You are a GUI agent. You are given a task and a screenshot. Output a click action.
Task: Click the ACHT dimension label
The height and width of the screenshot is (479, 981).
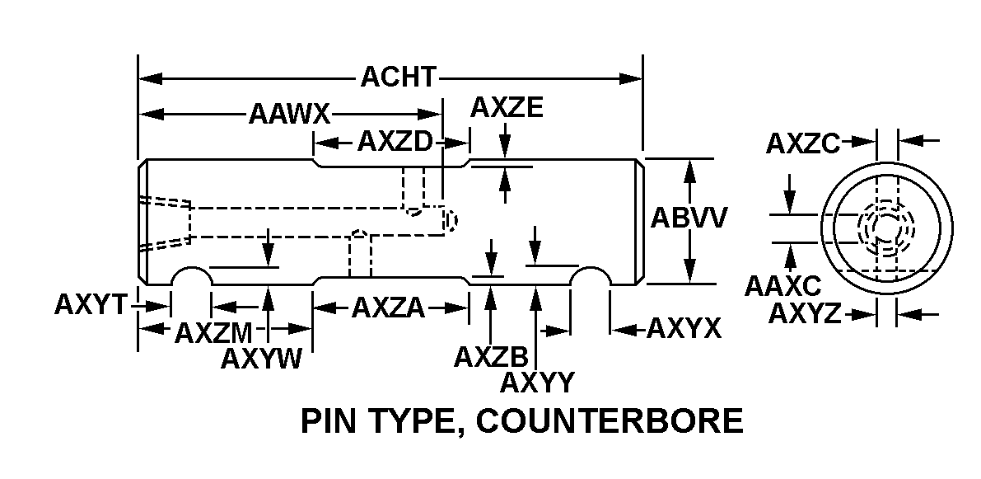tap(398, 77)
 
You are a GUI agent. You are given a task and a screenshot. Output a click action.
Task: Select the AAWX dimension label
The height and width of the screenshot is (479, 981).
tap(289, 114)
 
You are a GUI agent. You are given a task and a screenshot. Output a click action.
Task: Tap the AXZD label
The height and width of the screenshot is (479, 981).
tap(394, 143)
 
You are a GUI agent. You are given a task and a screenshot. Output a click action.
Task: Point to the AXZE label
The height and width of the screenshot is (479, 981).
tap(507, 107)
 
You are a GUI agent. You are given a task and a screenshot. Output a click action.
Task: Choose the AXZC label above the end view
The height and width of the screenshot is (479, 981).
tap(802, 143)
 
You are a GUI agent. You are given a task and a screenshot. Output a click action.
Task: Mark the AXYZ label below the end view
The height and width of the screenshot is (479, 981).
tap(805, 314)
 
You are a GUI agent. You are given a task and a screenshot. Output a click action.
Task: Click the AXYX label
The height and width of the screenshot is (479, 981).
tap(684, 329)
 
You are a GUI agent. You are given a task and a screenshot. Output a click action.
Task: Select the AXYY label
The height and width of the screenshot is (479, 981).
tap(537, 383)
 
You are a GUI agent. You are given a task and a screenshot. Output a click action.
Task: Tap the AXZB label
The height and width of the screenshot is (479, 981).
tap(491, 356)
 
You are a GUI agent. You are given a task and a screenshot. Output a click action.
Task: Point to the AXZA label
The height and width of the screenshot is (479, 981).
tap(388, 308)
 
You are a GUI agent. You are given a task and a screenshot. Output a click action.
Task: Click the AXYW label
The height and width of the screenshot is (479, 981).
tap(262, 360)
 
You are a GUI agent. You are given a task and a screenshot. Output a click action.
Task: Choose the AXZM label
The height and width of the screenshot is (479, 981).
tap(213, 333)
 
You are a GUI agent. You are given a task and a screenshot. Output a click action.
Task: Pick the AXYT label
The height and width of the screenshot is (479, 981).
tap(91, 304)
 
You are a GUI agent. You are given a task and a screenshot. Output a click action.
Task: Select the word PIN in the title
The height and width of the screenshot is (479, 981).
tap(328, 421)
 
